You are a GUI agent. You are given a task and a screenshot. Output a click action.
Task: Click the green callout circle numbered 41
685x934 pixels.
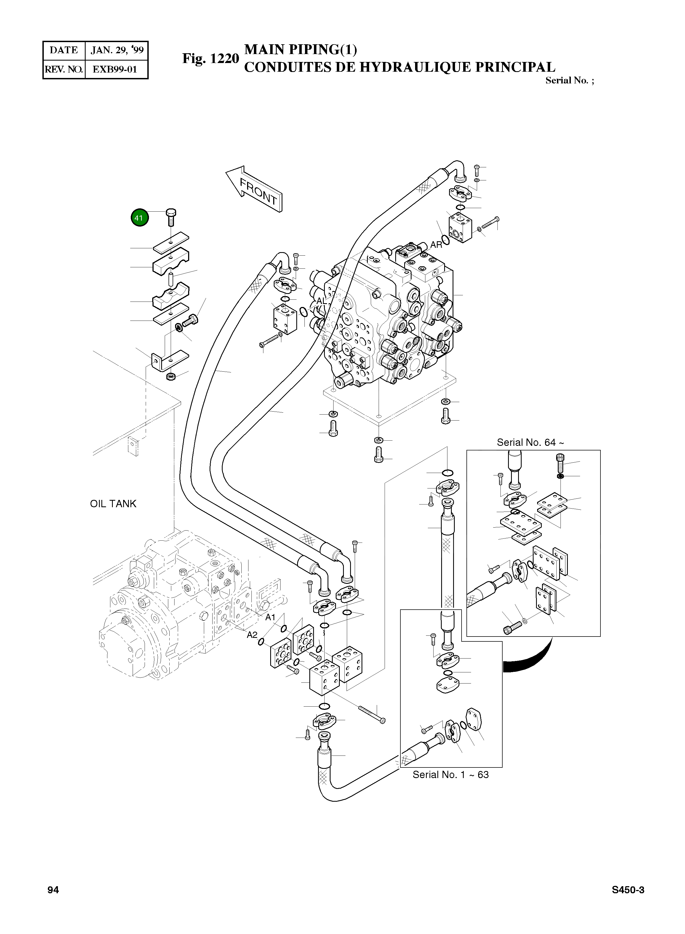pyautogui.click(x=139, y=218)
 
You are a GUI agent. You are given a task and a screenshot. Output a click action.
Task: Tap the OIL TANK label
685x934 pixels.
pyautogui.click(x=113, y=504)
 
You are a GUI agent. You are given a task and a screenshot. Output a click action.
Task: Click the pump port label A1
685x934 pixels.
pyautogui.click(x=270, y=618)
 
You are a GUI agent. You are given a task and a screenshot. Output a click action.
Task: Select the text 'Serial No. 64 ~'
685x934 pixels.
pyautogui.click(x=530, y=443)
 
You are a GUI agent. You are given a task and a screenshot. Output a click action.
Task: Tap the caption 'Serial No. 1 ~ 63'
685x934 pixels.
pyautogui.click(x=450, y=775)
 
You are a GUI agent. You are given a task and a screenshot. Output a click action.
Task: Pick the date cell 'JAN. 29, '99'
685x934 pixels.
pyautogui.click(x=117, y=50)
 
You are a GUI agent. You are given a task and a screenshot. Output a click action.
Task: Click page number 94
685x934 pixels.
pyautogui.click(x=53, y=890)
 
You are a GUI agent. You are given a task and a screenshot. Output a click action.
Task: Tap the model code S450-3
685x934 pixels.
pyautogui.click(x=628, y=890)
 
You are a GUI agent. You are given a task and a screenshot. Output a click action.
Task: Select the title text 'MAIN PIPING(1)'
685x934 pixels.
pyautogui.click(x=301, y=49)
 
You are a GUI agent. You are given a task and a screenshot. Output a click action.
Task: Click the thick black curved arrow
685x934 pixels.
pyautogui.click(x=531, y=659)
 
